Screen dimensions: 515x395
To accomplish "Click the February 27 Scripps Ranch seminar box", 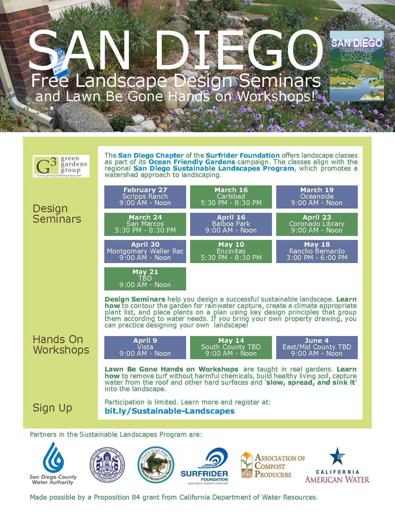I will (x=145, y=197).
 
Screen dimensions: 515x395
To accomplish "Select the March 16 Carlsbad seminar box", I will (x=231, y=197).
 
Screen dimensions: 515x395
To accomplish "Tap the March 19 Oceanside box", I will (x=317, y=197).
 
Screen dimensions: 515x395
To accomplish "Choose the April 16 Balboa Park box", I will (x=231, y=224).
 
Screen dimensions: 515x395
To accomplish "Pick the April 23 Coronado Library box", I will (x=317, y=224).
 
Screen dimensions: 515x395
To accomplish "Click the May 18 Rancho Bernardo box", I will (x=317, y=251).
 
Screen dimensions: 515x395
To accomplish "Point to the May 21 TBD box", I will (x=145, y=278).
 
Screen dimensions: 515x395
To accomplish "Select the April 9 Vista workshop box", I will (x=145, y=347).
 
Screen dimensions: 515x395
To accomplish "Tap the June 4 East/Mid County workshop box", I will (x=317, y=347).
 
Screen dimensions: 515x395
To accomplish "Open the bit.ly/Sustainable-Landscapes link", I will (x=170, y=411).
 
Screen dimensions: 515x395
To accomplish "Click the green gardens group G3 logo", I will (x=61, y=166).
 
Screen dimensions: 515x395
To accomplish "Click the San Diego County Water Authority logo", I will (x=53, y=464).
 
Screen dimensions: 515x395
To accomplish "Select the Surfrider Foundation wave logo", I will (x=205, y=466).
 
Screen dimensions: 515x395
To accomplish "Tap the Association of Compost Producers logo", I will (x=273, y=465).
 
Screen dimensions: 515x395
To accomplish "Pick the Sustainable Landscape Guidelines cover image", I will (x=357, y=66).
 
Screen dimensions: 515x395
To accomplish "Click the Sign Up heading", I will (x=52, y=408).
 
